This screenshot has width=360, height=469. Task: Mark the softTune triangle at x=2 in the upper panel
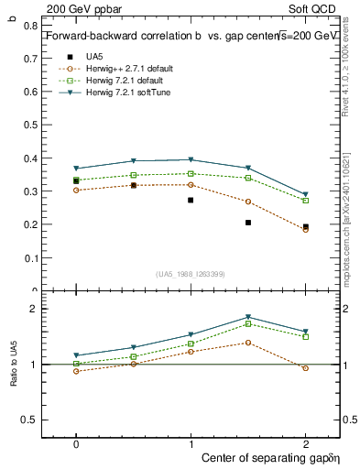(305, 194)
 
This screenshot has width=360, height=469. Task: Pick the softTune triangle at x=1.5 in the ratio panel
(248, 317)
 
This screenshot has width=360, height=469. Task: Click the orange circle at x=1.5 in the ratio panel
(248, 343)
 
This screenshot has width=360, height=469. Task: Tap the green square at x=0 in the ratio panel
(76, 364)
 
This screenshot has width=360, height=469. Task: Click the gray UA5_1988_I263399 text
(191, 274)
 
